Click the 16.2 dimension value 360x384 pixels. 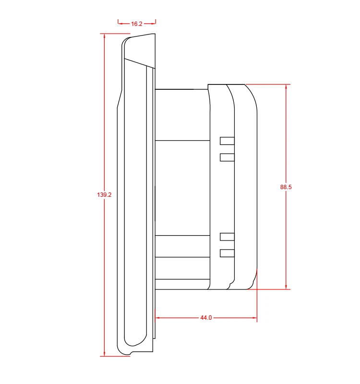pos(137,24)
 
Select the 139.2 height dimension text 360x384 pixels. pos(104,195)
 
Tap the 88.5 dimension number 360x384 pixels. pos(287,187)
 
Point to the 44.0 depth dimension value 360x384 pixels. pos(206,318)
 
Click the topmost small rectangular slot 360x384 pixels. pos(227,141)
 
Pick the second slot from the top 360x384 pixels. pos(227,157)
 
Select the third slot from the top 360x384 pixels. pos(227,236)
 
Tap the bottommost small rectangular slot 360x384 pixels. pos(227,253)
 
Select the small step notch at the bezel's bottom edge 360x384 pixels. pos(132,353)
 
